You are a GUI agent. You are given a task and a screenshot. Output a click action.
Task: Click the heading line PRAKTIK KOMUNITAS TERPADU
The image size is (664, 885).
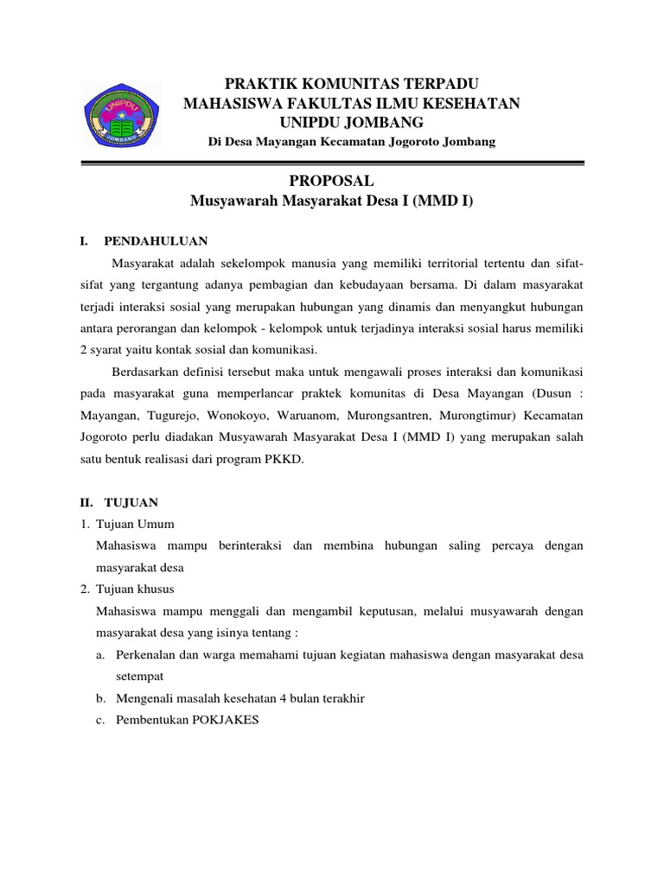click(351, 84)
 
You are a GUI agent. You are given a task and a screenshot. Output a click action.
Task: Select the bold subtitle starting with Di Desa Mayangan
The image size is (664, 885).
click(353, 142)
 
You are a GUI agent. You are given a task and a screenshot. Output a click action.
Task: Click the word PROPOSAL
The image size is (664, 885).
click(333, 181)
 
